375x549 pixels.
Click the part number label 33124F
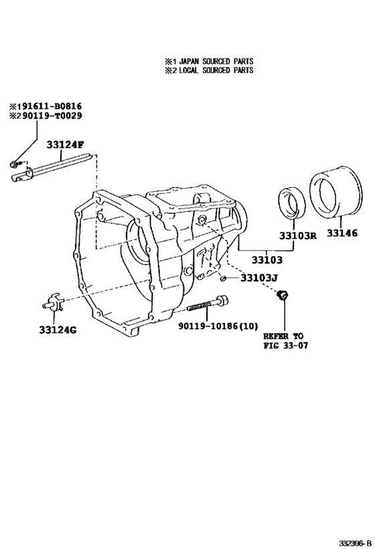(66, 145)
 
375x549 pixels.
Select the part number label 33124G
(57, 330)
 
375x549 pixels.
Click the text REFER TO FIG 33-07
(283, 341)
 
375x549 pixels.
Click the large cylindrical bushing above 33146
(332, 195)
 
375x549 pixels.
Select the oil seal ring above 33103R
(292, 202)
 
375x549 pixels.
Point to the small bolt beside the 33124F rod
(15, 164)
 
